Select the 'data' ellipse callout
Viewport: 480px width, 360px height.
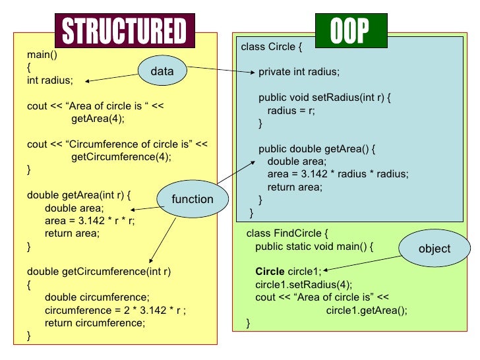pyautogui.click(x=162, y=71)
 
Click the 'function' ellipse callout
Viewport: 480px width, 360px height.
pyautogui.click(x=192, y=199)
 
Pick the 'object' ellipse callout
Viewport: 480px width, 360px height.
pyautogui.click(x=434, y=249)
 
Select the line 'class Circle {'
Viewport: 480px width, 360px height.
pyautogui.click(x=272, y=46)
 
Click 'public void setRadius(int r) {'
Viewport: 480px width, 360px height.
pyautogui.click(x=325, y=98)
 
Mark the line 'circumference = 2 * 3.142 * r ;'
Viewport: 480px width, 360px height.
pyautogui.click(x=115, y=310)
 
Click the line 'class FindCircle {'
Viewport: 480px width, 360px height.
pyautogui.click(x=287, y=233)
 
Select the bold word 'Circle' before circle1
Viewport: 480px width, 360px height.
pyautogui.click(x=270, y=272)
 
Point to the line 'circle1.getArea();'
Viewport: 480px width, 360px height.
pyautogui.click(x=367, y=311)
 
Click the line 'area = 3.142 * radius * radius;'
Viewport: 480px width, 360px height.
pyautogui.click(x=338, y=174)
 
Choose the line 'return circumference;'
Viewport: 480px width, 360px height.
pyautogui.click(x=94, y=323)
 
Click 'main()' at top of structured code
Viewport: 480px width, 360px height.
pyautogui.click(x=41, y=54)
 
